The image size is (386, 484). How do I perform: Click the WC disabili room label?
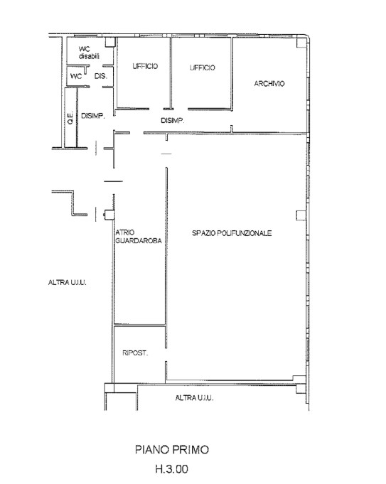89,53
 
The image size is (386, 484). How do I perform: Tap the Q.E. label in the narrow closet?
70,117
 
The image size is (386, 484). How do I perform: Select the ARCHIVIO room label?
269,83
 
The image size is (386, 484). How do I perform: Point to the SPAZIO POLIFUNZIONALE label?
232,233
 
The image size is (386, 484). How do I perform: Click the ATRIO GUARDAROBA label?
139,237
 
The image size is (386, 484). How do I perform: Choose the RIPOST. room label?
135,353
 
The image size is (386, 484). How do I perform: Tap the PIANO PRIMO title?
172,449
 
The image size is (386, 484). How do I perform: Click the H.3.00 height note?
172,469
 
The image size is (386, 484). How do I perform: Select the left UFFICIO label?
145,66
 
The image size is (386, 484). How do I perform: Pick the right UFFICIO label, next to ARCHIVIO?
203,68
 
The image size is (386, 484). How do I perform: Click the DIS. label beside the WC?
101,76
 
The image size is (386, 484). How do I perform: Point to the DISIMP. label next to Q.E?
93,116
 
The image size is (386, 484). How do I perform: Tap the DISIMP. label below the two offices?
172,120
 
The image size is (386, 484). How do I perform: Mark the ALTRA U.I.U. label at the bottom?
194,398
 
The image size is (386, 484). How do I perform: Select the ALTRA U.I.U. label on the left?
68,282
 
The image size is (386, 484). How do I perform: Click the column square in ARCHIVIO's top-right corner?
301,43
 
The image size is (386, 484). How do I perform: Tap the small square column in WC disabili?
110,42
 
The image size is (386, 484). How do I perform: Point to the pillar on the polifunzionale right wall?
301,215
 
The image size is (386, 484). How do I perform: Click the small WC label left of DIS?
76,76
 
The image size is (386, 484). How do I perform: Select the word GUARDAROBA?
139,240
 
